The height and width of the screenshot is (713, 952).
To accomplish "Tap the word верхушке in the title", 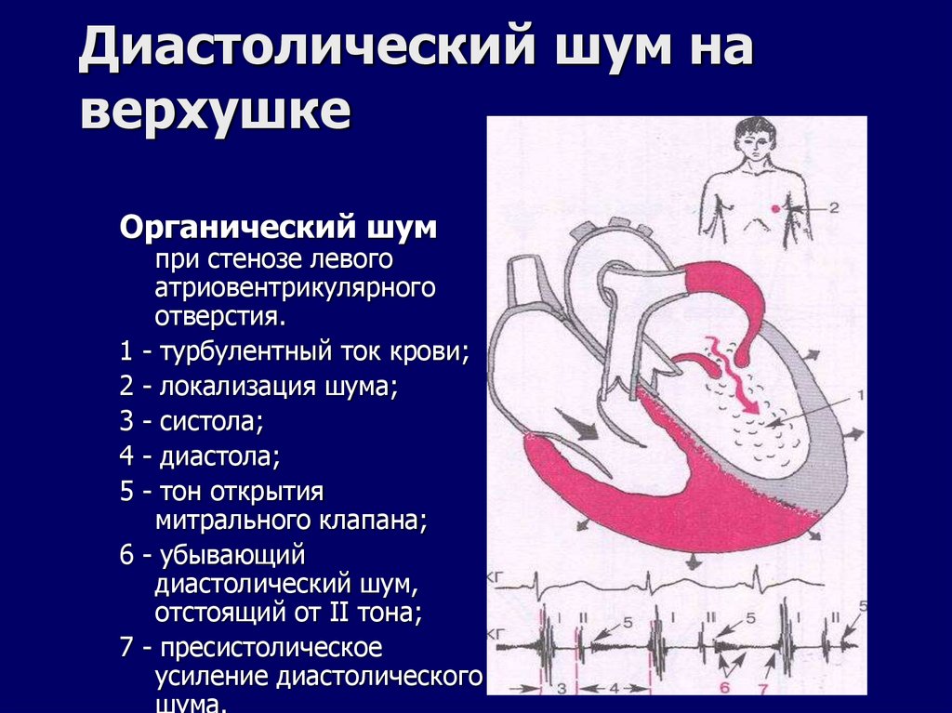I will (216, 112).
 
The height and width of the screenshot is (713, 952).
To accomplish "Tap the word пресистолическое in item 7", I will (270, 647).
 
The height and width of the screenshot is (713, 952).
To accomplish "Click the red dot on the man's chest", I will (774, 207).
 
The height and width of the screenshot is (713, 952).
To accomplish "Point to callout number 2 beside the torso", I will (833, 208).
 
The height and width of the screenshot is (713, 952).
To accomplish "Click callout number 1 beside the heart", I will (860, 395).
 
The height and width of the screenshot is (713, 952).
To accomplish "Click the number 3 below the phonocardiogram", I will (562, 689).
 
